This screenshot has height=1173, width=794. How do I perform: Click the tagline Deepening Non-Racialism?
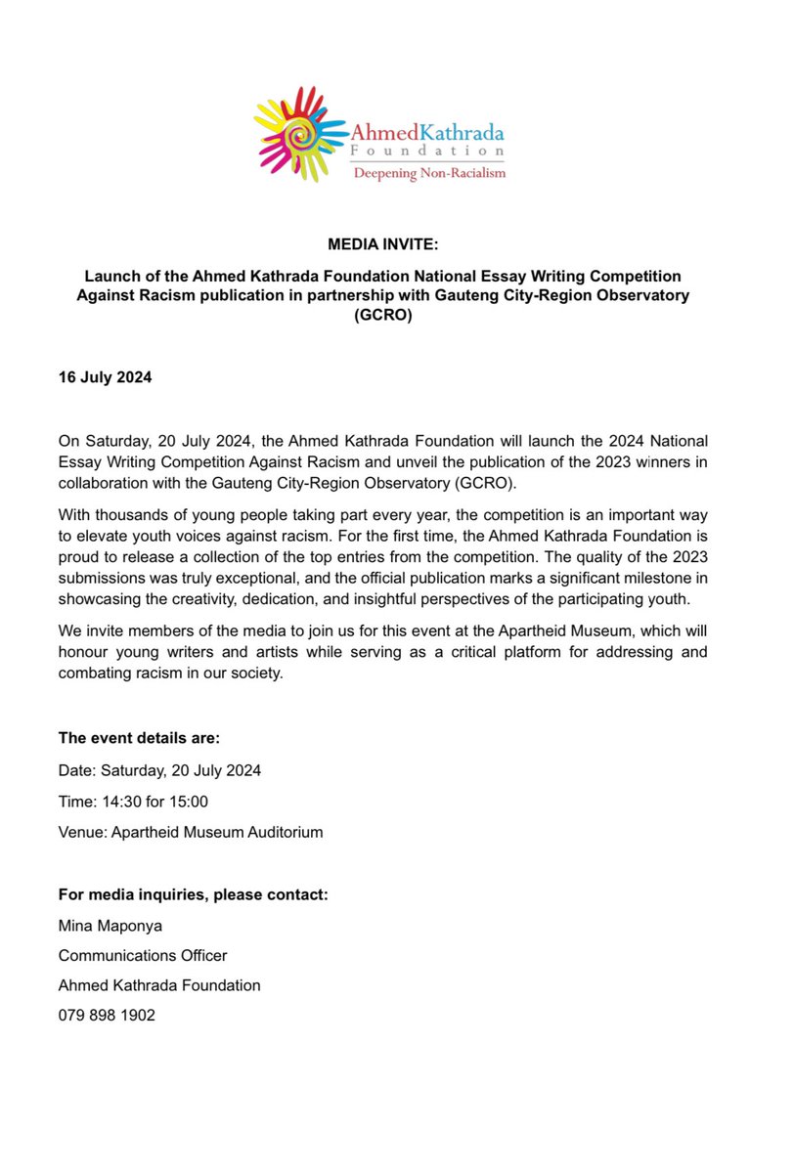(429, 173)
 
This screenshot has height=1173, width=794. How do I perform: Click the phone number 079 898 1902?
(107, 1016)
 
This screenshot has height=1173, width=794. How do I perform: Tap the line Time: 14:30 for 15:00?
(133, 802)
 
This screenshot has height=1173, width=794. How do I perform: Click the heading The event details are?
(139, 740)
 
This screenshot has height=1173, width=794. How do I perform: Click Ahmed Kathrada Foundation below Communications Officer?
(159, 985)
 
